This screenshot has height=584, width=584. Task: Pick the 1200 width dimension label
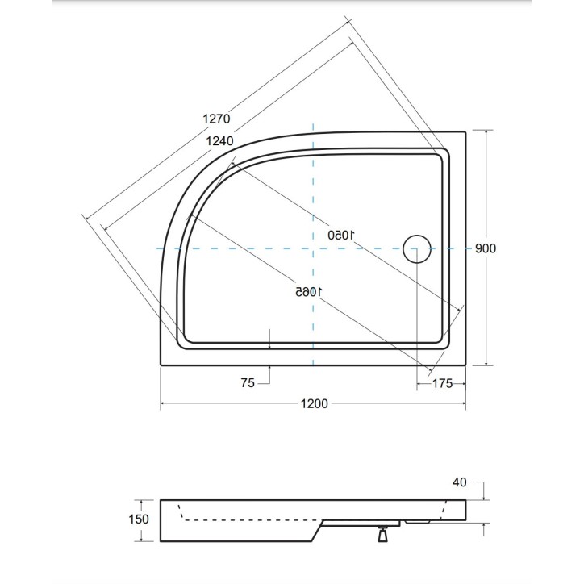314,403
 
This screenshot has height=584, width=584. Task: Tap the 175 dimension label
443,382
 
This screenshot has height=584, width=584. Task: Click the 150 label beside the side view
138,519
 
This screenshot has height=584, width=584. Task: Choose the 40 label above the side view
459,482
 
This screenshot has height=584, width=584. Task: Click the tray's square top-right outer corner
466,131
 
